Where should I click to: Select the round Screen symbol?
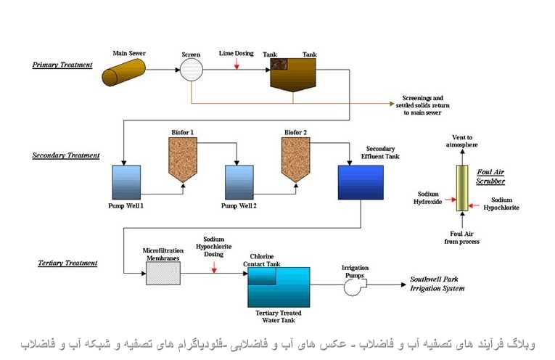click(x=192, y=70)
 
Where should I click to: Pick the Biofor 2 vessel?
click(x=295, y=158)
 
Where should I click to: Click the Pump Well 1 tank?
click(x=126, y=182)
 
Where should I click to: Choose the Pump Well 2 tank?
click(x=239, y=182)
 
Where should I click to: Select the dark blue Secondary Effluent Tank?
click(x=361, y=182)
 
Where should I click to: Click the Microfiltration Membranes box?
click(x=164, y=272)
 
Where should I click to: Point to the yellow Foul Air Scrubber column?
click(x=461, y=188)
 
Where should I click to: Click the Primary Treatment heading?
click(x=62, y=65)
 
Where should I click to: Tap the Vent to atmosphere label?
click(x=461, y=142)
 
